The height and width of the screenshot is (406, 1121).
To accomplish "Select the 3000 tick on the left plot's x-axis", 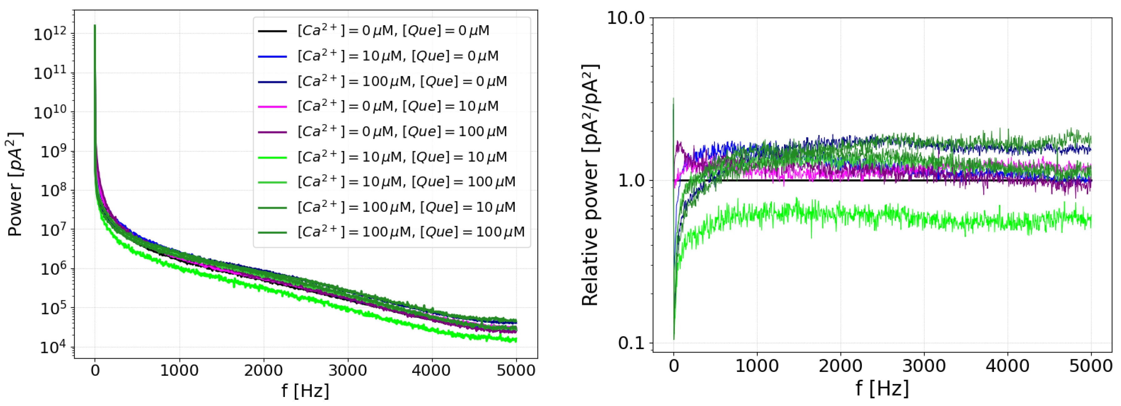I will [347, 370].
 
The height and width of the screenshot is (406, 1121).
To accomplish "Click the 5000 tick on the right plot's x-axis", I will [1091, 365].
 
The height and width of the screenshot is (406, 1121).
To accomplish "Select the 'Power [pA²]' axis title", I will [15, 184].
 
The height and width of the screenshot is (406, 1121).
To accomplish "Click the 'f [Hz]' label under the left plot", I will [305, 390].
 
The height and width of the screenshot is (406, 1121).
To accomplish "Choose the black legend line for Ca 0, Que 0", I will [273, 31].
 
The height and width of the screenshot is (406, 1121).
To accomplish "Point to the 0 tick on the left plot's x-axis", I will [95, 370].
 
